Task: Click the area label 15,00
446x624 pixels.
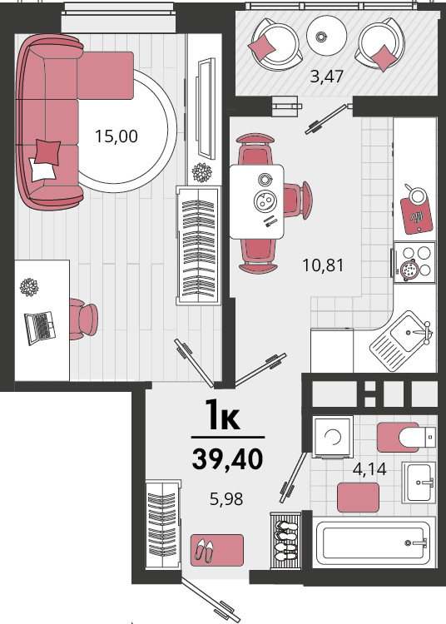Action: click(116, 136)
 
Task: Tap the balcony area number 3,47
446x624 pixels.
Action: click(326, 76)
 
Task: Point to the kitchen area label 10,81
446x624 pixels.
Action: click(323, 265)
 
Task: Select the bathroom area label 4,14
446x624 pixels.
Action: click(369, 469)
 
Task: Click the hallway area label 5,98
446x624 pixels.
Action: click(226, 498)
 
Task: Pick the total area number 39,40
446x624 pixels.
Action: click(227, 458)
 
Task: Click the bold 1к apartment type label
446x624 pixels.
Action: click(223, 416)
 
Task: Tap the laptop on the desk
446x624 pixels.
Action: click(40, 328)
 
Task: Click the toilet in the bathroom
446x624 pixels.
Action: click(407, 437)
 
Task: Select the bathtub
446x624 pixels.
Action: click(374, 542)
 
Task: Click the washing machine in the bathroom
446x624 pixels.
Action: click(333, 437)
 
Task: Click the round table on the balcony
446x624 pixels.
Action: click(326, 36)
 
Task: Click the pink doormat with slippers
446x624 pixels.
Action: click(217, 550)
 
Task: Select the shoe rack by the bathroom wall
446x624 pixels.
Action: click(285, 541)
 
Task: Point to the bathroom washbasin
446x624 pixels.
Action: click(419, 483)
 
